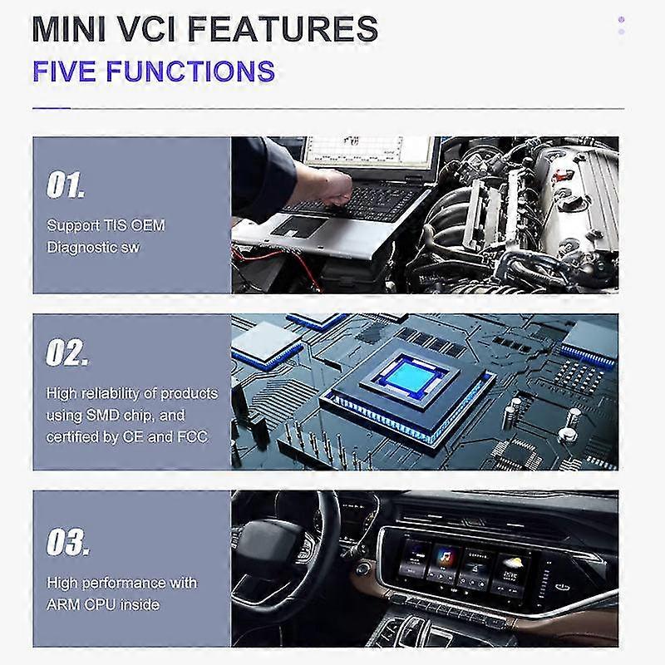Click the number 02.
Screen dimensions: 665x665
coord(66,354)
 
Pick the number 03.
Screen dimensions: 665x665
coord(66,544)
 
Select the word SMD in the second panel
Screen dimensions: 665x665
coord(116,415)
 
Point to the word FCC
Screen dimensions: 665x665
coord(191,436)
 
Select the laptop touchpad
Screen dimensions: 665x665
coord(293,225)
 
